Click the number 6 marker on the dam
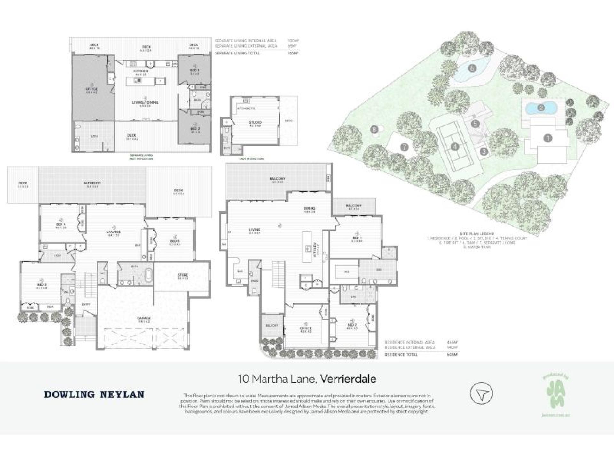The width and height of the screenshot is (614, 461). (472, 68)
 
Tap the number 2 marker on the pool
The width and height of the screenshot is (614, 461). (541, 108)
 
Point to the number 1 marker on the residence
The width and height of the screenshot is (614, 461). (548, 138)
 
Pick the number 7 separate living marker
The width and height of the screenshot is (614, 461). (404, 148)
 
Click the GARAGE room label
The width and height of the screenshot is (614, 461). (144, 318)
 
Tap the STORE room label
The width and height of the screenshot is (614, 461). (183, 275)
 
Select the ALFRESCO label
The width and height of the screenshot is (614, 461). (92, 183)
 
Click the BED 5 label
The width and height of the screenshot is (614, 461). (175, 241)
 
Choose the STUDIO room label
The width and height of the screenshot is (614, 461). (255, 122)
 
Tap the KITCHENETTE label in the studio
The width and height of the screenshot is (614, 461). (246, 108)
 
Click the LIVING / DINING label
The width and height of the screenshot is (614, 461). (145, 102)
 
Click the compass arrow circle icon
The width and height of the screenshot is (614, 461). (481, 393)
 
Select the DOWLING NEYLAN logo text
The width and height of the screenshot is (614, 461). (94, 394)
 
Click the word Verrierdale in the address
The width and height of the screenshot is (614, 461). (348, 379)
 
